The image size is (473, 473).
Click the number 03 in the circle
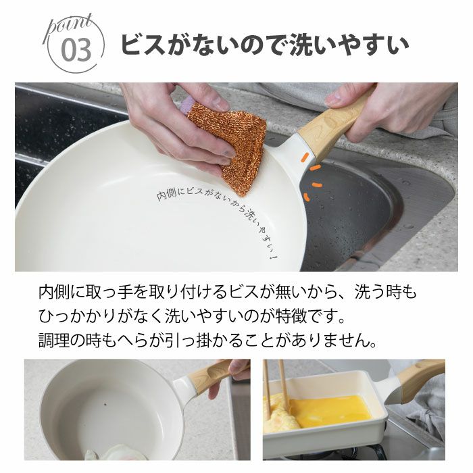click(76, 51)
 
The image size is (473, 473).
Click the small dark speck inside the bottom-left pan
click(105, 404)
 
